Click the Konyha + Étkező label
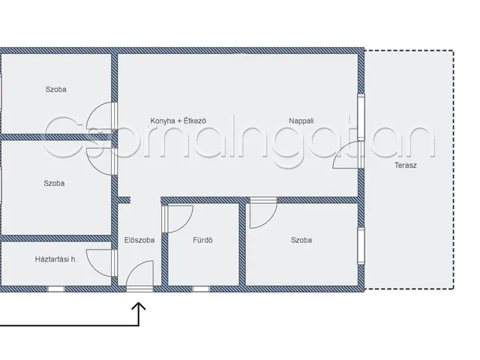pos(178,121)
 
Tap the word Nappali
pos(301,121)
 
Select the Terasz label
pos(405,165)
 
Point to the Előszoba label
pos(139,240)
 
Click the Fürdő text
pos(202,240)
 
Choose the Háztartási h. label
pos(55,259)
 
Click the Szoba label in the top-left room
pos(55,89)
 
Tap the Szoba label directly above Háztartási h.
pos(54,183)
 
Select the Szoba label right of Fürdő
pos(301,240)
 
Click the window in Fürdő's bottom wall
pos(201,289)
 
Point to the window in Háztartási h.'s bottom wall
pos(56,289)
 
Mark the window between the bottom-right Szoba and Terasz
pos(361,246)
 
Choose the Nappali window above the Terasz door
pos(361,117)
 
